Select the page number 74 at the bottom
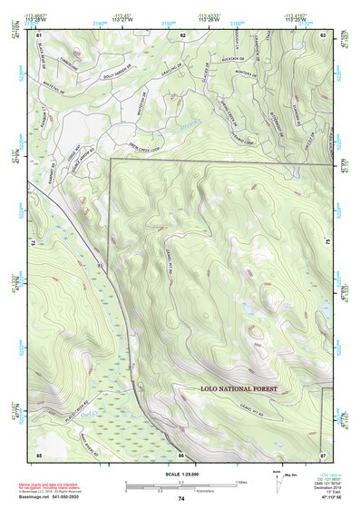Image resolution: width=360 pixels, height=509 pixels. click(181, 499)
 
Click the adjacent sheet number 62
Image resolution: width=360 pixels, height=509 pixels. click(182, 34)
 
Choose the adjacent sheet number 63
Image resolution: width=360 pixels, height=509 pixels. click(323, 34)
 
